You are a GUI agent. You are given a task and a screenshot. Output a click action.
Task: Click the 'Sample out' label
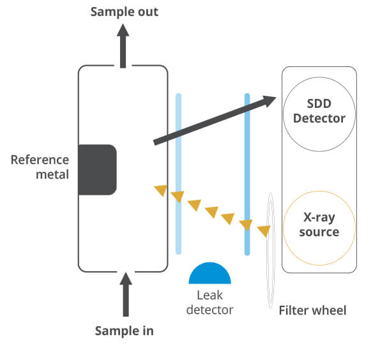point(125,12)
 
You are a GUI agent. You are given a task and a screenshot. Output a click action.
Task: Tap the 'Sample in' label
point(125,331)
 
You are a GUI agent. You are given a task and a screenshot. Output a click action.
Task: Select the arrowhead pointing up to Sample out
point(123,30)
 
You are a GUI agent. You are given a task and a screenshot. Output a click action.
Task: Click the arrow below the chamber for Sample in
point(126,294)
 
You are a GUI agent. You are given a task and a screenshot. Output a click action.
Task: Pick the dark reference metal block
point(98,170)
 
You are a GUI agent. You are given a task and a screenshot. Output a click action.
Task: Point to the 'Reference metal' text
point(40,167)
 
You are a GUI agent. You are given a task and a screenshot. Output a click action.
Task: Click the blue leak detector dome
point(210,273)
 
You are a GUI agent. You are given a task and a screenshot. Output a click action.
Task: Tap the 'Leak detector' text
point(210,303)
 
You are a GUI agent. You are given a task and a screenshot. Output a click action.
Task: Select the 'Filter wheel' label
point(313,310)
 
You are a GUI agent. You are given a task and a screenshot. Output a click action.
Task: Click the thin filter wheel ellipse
point(268,251)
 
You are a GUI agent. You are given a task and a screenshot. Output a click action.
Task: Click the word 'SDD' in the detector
point(319,103)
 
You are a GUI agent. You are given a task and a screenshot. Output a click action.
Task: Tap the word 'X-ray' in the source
point(319,218)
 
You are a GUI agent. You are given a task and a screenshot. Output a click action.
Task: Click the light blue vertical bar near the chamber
point(178,174)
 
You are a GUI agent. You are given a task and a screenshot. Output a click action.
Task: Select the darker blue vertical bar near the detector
point(247,174)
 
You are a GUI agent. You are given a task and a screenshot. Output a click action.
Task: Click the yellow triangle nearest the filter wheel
point(264,230)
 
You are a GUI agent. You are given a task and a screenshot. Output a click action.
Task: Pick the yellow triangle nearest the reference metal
point(161,190)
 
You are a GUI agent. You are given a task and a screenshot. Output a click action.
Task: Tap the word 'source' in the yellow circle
point(319,232)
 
